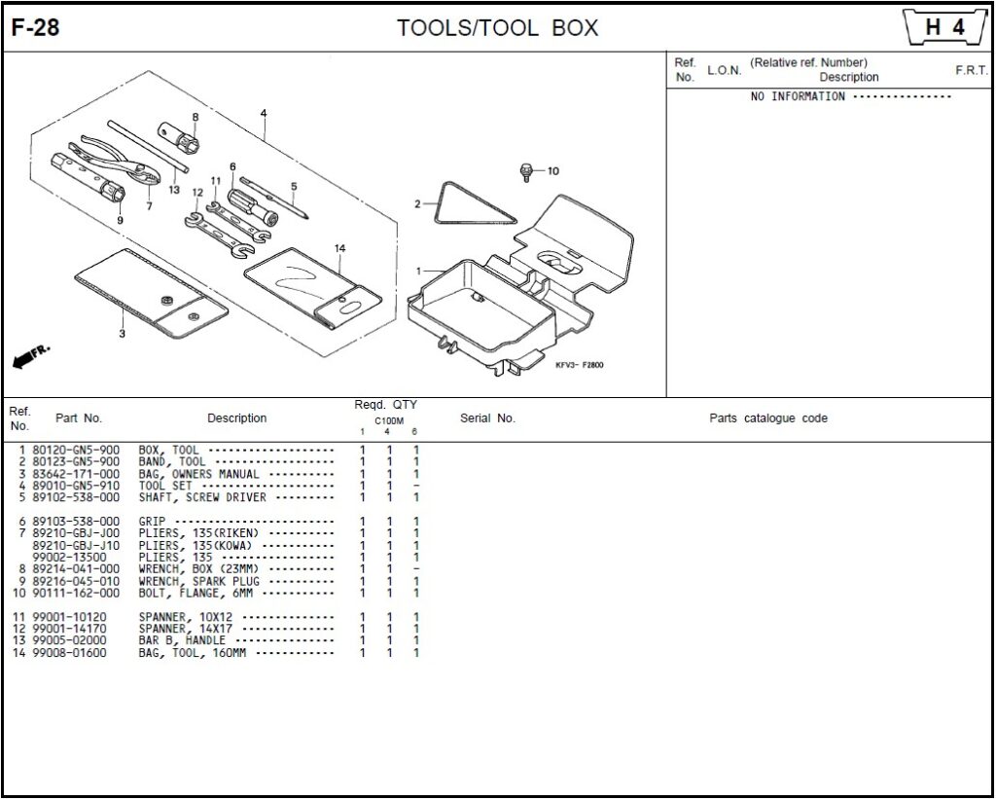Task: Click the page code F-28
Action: tap(36, 28)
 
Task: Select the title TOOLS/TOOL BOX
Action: tap(497, 28)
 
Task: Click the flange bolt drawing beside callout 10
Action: tap(526, 171)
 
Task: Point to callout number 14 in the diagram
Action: tap(339, 249)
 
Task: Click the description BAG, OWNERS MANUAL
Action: tap(198, 474)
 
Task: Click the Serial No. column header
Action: tap(487, 418)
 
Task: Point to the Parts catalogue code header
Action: tap(768, 418)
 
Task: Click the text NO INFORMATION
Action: tap(798, 97)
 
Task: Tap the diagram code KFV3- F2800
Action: tap(580, 365)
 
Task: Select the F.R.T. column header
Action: tap(971, 71)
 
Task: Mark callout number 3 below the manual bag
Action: tap(122, 334)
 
